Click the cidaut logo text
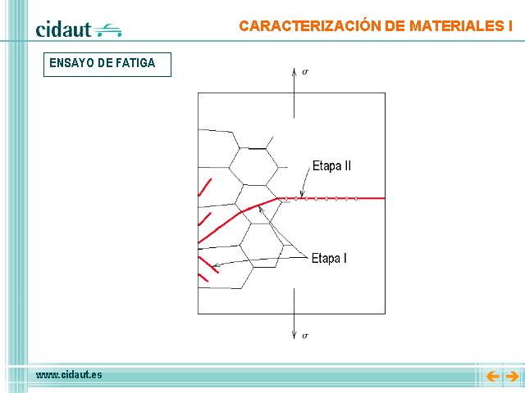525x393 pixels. pos(63,29)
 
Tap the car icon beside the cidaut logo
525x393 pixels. pos(107,30)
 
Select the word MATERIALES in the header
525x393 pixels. pos(454,26)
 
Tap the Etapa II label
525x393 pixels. pos(331,166)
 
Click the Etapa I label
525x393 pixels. pos(329,259)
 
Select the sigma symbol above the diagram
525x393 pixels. pos(305,72)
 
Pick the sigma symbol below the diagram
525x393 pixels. pos(304,336)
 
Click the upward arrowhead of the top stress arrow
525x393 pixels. pos(294,71)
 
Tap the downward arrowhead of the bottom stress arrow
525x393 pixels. pos(294,335)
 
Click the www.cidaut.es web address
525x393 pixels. pos(69,375)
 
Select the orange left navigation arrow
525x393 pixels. pos(492,377)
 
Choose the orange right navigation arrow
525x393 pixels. pos(512,377)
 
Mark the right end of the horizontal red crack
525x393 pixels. pos(385,198)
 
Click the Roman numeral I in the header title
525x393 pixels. pos(509,26)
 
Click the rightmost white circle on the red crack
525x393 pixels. pos(356,198)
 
